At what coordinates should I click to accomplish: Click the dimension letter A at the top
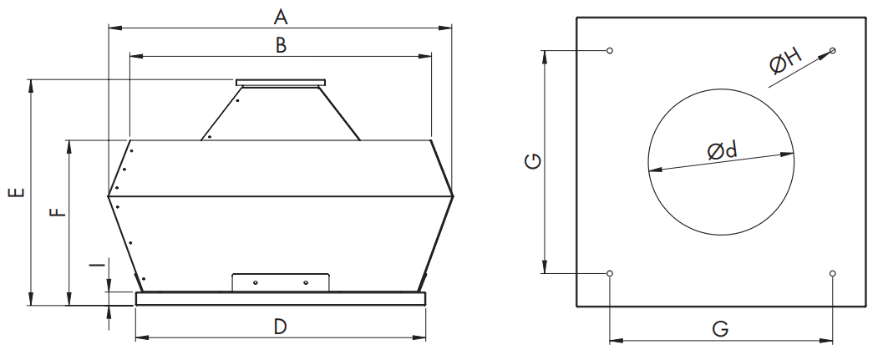click(x=281, y=16)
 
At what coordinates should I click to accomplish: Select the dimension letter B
click(x=281, y=45)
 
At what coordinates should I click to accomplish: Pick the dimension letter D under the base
click(x=281, y=327)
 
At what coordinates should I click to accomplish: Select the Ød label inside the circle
click(x=723, y=150)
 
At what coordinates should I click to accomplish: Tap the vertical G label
click(x=533, y=161)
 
